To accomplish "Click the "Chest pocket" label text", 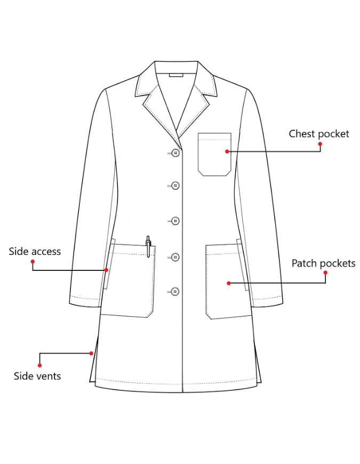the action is (319, 134).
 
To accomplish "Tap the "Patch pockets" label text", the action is (323, 263).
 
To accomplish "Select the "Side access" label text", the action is (35, 251).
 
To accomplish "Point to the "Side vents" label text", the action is (37, 376).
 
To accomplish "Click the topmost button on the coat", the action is (175, 153).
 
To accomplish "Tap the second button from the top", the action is (175, 186).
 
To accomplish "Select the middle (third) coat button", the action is (175, 221).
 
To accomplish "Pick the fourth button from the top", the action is (175, 257).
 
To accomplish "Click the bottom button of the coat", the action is (175, 292).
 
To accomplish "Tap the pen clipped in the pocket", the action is (148, 246).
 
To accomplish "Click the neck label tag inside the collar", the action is (176, 75).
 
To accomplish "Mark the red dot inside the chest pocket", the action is (227, 151).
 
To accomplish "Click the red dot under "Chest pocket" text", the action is (320, 144).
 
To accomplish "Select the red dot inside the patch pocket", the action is (229, 283).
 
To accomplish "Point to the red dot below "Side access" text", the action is (33, 261).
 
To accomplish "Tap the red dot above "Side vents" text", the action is (39, 365).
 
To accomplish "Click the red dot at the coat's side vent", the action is (91, 353).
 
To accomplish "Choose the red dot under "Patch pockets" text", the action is (325, 273).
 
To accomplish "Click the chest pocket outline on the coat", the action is (198, 154).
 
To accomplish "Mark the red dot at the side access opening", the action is (107, 270).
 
